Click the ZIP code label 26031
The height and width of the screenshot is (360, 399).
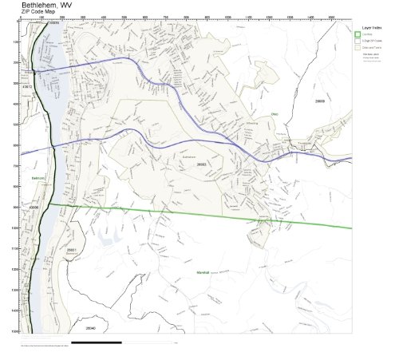[71, 250]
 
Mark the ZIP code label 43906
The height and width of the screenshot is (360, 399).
[34, 207]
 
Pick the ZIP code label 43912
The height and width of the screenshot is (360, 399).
[27, 86]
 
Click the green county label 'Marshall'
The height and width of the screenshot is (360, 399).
[203, 273]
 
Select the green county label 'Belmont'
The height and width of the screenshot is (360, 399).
[37, 177]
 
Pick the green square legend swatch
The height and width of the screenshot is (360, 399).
[359, 34]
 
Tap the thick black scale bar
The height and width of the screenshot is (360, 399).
[96, 342]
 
